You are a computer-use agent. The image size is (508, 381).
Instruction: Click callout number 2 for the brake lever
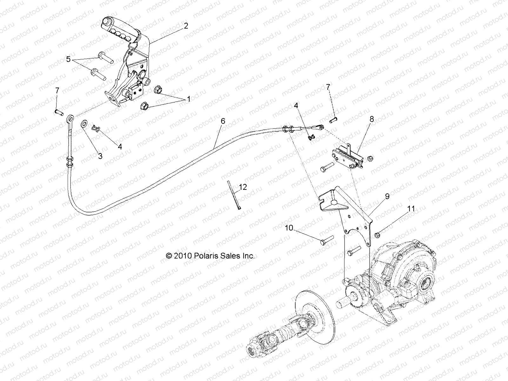186,26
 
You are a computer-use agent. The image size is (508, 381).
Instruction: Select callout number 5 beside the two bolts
68,59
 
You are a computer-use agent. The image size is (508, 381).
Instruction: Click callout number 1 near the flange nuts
189,99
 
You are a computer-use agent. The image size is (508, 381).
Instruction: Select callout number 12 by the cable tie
243,187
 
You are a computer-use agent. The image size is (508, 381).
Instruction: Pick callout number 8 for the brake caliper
371,119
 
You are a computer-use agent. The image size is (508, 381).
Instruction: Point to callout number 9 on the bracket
387,197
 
